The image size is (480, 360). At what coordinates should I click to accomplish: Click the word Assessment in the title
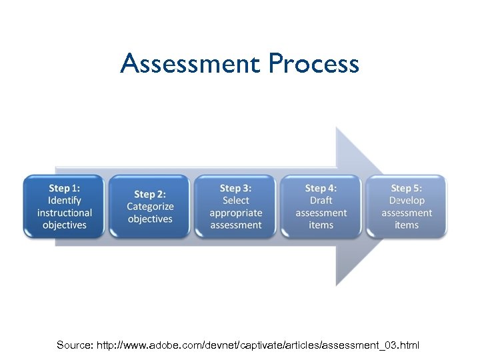tap(191, 64)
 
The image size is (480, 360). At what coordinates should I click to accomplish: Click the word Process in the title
tap(313, 64)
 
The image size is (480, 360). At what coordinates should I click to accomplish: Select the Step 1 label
tap(65, 188)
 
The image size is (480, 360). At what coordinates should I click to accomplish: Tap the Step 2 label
tap(150, 194)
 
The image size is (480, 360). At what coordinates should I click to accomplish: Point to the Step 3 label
tap(236, 188)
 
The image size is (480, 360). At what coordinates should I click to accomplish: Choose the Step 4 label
tap(321, 188)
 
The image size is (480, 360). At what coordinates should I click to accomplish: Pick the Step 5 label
tap(407, 188)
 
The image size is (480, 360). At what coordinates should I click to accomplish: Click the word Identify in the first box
tap(65, 200)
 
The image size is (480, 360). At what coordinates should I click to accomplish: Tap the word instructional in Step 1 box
tap(65, 213)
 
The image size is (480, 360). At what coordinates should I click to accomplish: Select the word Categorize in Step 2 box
tap(150, 207)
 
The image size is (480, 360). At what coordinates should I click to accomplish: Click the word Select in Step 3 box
tap(236, 200)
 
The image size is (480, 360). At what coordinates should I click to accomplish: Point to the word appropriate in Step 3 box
tap(236, 213)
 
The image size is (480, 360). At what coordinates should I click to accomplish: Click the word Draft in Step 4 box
tap(321, 200)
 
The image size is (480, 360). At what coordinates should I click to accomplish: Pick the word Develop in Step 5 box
tap(407, 200)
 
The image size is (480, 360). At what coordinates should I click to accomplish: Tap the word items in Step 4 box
tap(321, 225)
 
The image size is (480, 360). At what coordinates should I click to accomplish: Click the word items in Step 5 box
tap(407, 225)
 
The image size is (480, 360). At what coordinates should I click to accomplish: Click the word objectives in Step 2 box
tap(150, 219)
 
